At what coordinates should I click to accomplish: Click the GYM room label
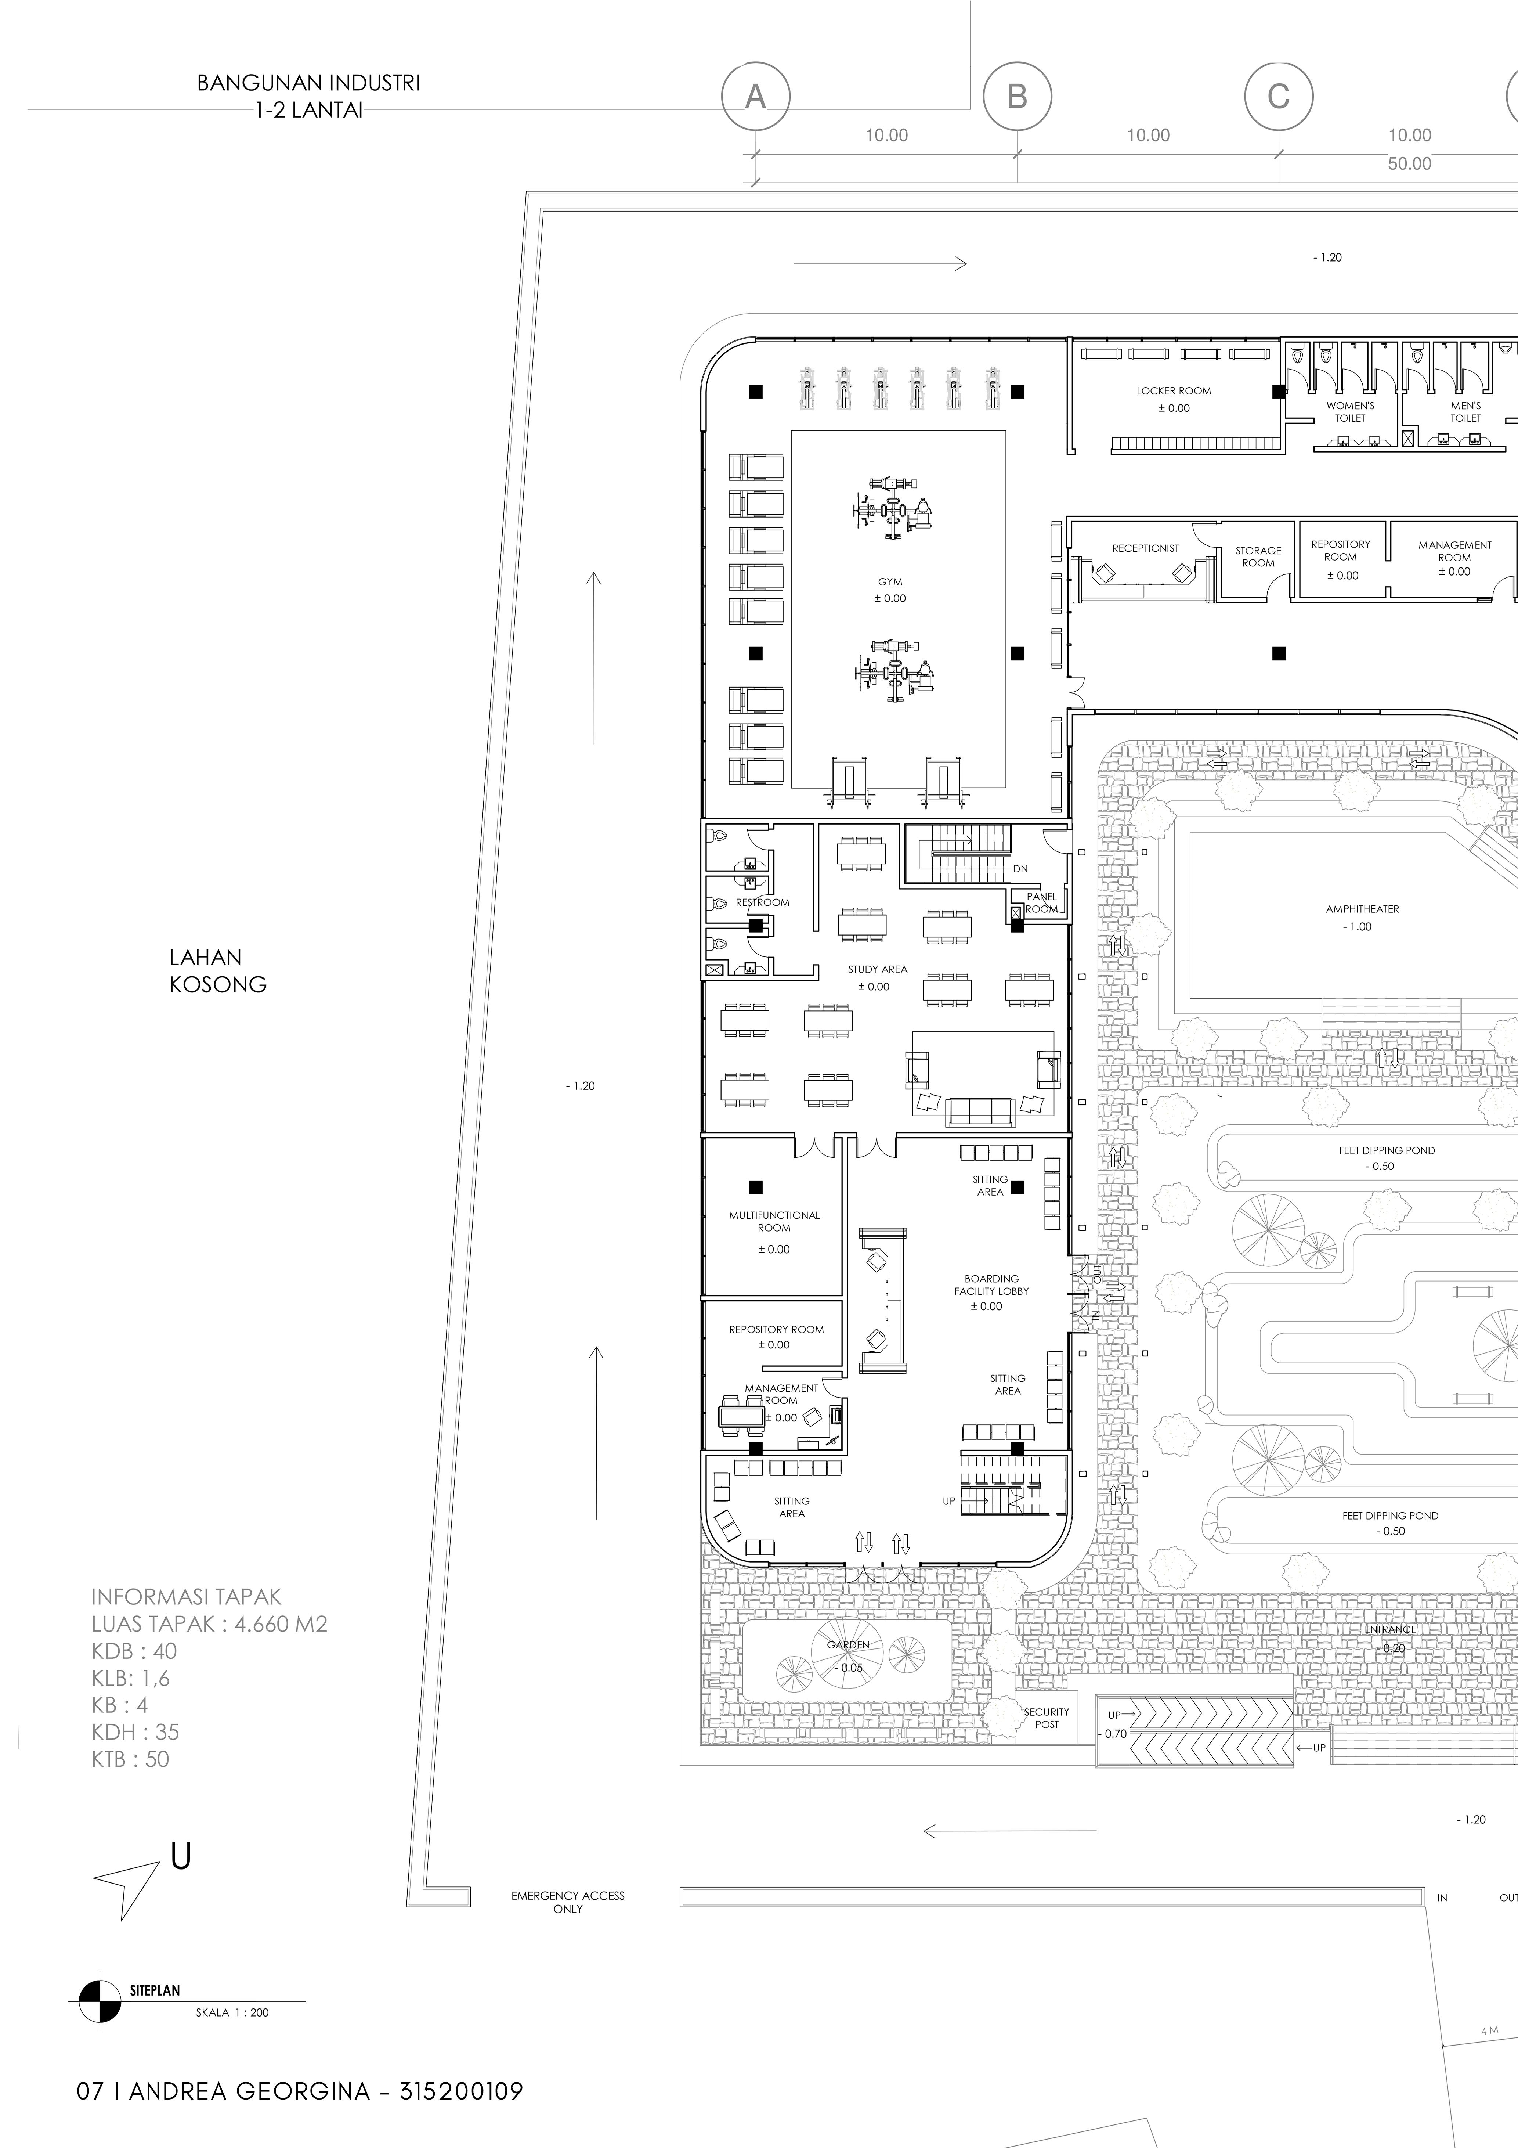889,582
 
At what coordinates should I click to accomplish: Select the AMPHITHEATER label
1362,908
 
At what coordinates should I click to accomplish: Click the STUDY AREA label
877,969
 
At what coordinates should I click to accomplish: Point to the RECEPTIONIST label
1145,548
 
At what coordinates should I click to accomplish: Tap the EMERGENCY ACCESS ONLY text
568,1902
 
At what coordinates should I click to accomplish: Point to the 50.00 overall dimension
1409,164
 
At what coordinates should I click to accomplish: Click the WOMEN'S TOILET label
1350,412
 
